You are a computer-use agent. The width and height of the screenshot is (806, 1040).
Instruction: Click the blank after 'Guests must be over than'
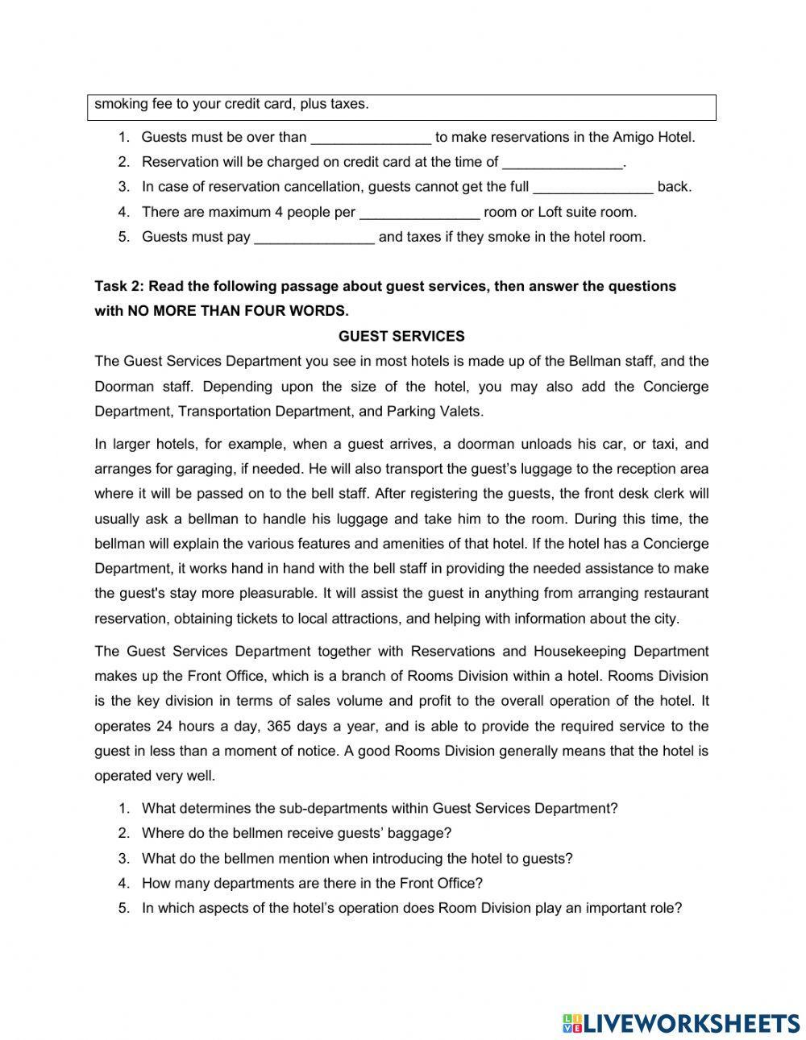tap(371, 137)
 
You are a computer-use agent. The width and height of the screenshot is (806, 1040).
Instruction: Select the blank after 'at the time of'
tap(563, 162)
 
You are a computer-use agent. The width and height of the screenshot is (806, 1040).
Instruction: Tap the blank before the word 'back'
tap(593, 187)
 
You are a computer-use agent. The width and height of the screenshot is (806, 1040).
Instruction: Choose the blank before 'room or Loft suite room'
tap(419, 213)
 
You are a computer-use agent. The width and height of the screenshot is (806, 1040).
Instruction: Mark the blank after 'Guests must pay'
tap(314, 238)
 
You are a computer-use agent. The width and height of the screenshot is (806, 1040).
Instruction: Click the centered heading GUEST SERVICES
tap(401, 336)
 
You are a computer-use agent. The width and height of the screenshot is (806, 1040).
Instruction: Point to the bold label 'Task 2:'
tap(120, 286)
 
